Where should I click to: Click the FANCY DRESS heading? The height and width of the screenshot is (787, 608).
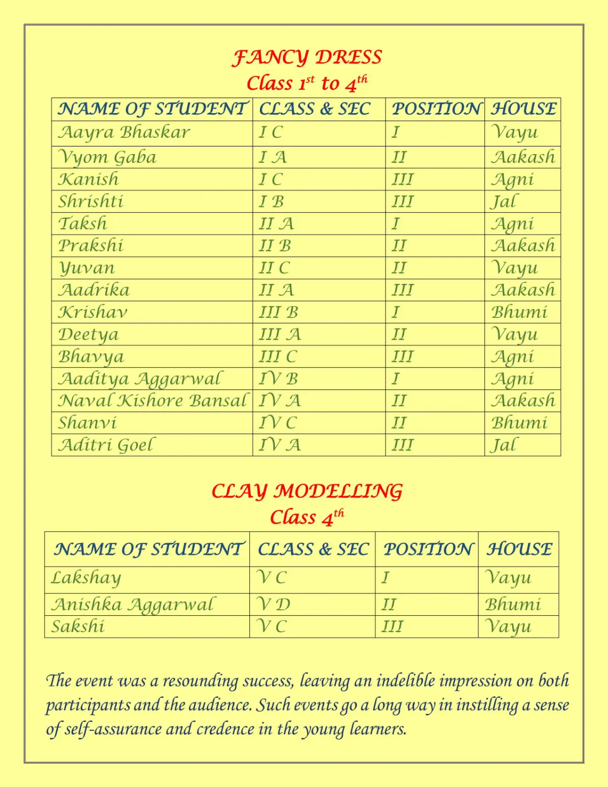coord(307,57)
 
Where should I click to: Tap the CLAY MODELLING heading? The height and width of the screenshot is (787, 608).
coord(307,491)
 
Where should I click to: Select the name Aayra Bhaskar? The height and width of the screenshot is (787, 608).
coord(124,132)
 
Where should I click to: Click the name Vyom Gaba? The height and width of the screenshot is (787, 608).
coord(107,157)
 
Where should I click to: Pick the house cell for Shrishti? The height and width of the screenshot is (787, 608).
coord(505,202)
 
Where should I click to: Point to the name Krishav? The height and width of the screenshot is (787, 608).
coord(93,312)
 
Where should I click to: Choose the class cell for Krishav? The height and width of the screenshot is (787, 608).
coord(278,312)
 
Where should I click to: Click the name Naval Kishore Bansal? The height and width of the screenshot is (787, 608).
coord(152,401)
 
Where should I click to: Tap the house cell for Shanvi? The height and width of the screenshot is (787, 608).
coord(519,423)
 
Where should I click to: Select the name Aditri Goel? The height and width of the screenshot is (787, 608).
coord(106,445)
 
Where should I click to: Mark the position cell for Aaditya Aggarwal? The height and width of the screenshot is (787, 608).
coord(396,379)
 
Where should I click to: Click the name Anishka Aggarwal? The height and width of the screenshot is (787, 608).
coord(133,605)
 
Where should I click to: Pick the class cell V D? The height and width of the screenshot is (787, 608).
coord(274,605)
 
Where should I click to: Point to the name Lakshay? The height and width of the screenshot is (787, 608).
coord(86,578)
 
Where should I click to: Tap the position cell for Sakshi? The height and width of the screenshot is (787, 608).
coord(392,626)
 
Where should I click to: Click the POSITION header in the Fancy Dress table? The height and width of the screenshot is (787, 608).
coord(435,109)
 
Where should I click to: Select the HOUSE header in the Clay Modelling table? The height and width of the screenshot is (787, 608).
coord(519,549)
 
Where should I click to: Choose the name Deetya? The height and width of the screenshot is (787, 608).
coord(89,334)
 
